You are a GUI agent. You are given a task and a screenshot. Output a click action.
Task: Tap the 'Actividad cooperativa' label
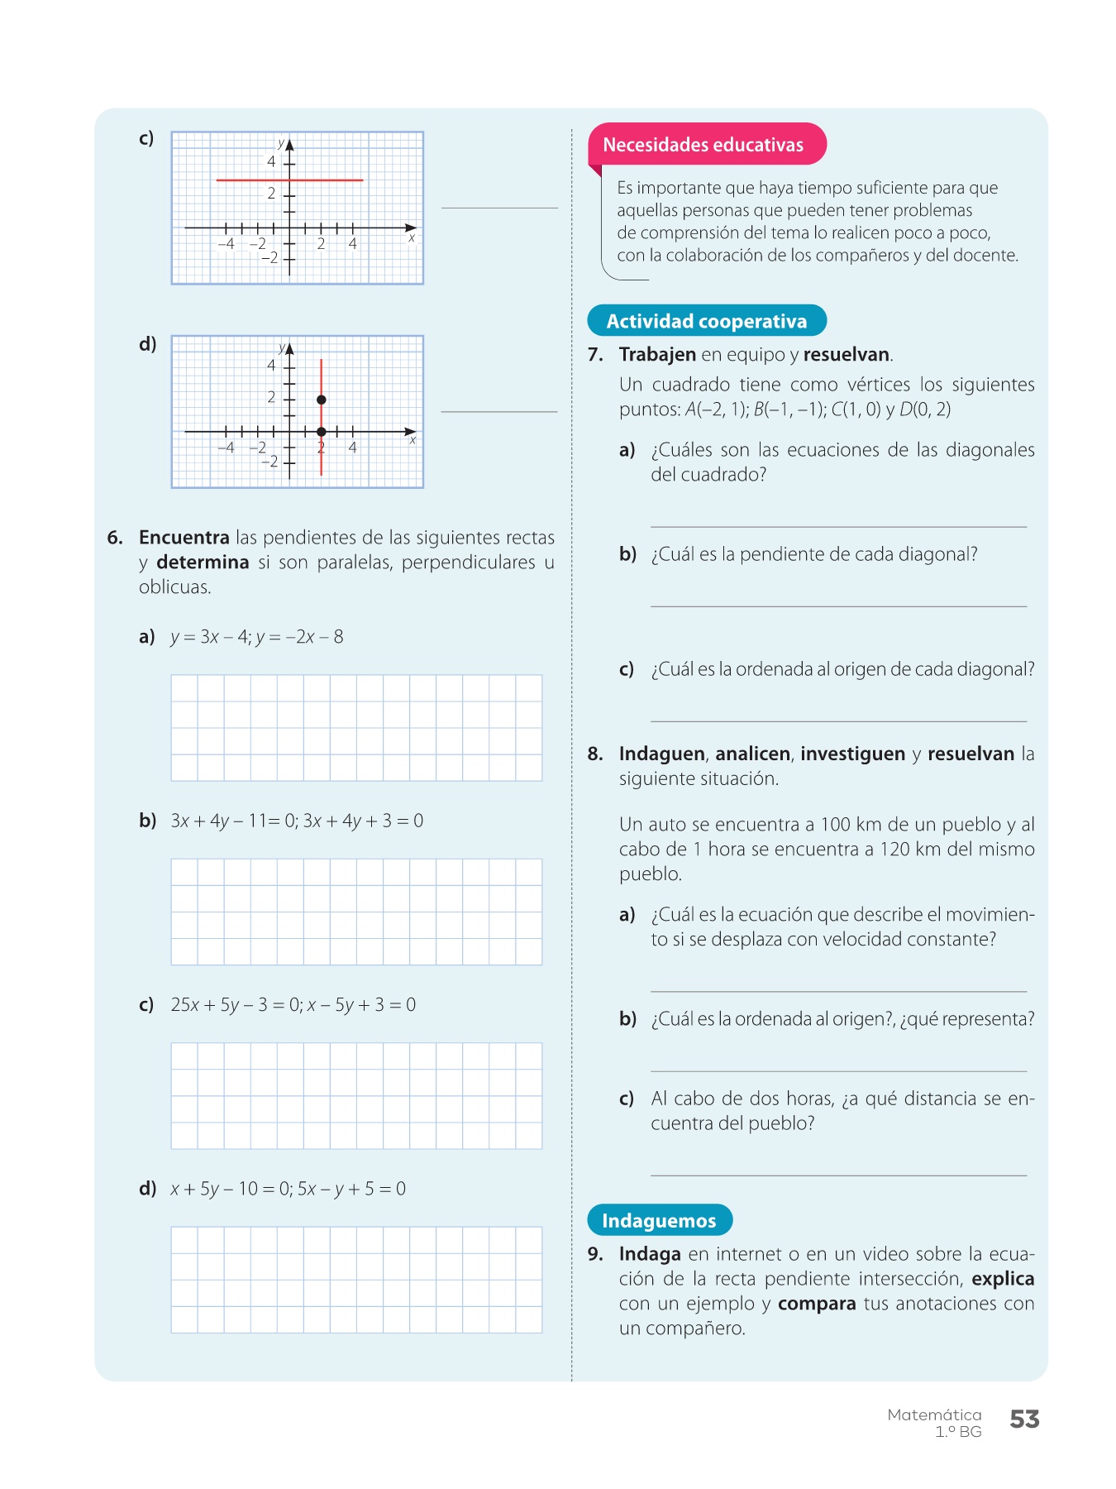pyautogui.click(x=706, y=321)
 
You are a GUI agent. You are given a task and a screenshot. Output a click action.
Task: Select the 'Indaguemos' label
pyautogui.click(x=659, y=1220)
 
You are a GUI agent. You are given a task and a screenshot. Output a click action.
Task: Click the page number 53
pyautogui.click(x=1024, y=1420)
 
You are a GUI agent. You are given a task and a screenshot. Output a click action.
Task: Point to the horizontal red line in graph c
pyautogui.click(x=289, y=180)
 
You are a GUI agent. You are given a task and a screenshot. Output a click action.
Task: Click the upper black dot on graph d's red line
pyautogui.click(x=322, y=400)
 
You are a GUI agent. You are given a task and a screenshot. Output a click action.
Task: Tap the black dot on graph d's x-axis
pyautogui.click(x=322, y=432)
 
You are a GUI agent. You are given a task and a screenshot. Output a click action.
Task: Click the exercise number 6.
pyautogui.click(x=115, y=538)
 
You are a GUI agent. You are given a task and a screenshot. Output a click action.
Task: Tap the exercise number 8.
pyautogui.click(x=595, y=754)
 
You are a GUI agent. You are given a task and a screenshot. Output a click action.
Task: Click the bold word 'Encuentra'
pyautogui.click(x=184, y=538)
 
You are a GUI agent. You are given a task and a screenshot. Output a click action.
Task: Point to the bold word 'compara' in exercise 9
pyautogui.click(x=817, y=1304)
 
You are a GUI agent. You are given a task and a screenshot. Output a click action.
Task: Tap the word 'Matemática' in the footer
pyautogui.click(x=934, y=1415)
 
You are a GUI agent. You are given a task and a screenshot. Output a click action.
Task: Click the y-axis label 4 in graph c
pyautogui.click(x=271, y=161)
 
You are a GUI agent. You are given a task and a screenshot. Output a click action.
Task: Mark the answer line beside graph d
pyautogui.click(x=499, y=411)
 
